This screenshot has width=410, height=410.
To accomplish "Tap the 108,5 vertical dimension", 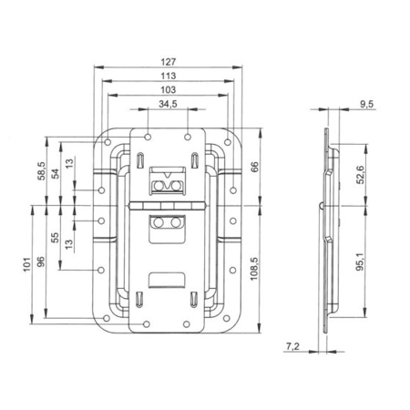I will tap(255, 272).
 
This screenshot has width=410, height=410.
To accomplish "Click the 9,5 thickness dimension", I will tap(366, 106).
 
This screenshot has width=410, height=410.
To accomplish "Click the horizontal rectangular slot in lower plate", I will tap(167, 280).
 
